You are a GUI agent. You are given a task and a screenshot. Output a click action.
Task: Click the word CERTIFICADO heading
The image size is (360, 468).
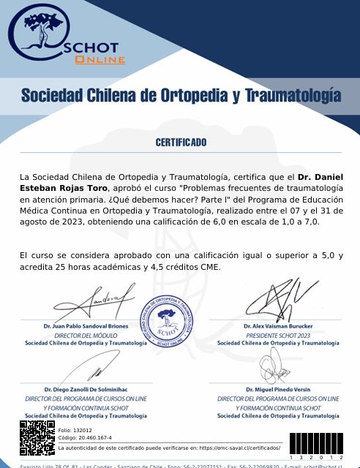click(x=181, y=142)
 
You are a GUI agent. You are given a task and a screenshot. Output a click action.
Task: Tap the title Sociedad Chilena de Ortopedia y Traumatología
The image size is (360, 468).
click(x=181, y=95)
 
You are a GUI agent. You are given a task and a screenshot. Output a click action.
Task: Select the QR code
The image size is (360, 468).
click(x=37, y=439)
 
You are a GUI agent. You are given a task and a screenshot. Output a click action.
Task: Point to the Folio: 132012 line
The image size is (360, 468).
click(x=75, y=430)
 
